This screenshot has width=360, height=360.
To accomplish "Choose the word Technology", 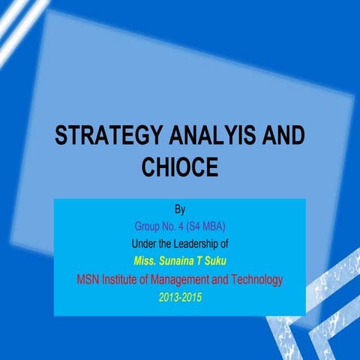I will [x=256, y=280].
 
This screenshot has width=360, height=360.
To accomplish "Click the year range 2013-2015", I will [x=180, y=298].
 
